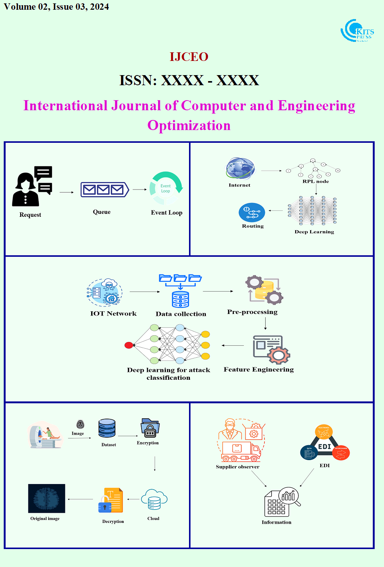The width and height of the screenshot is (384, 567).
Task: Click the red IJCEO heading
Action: tap(189, 57)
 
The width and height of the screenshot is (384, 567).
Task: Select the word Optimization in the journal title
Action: tap(189, 126)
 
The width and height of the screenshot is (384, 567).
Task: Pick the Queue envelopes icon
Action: tap(105, 190)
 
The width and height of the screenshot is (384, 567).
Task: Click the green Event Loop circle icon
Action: tap(166, 188)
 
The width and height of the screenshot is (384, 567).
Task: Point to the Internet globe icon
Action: tap(241, 169)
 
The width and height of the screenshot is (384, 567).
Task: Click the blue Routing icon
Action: tap(252, 213)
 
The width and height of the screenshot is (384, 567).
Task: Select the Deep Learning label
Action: tap(314, 232)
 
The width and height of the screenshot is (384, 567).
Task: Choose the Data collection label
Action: tap(181, 314)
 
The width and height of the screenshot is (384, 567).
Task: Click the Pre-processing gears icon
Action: tap(264, 289)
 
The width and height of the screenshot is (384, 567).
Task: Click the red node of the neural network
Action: tap(129, 345)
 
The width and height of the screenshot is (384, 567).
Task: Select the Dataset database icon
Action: tap(107, 428)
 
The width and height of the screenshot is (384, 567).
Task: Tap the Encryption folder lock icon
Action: tap(150, 428)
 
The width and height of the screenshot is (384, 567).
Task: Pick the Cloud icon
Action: tap(154, 499)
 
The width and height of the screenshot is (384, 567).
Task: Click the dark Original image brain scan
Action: tap(47, 499)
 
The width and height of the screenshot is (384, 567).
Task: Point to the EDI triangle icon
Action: tap(325, 443)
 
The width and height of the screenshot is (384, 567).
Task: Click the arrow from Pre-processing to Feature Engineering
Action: tap(265, 323)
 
